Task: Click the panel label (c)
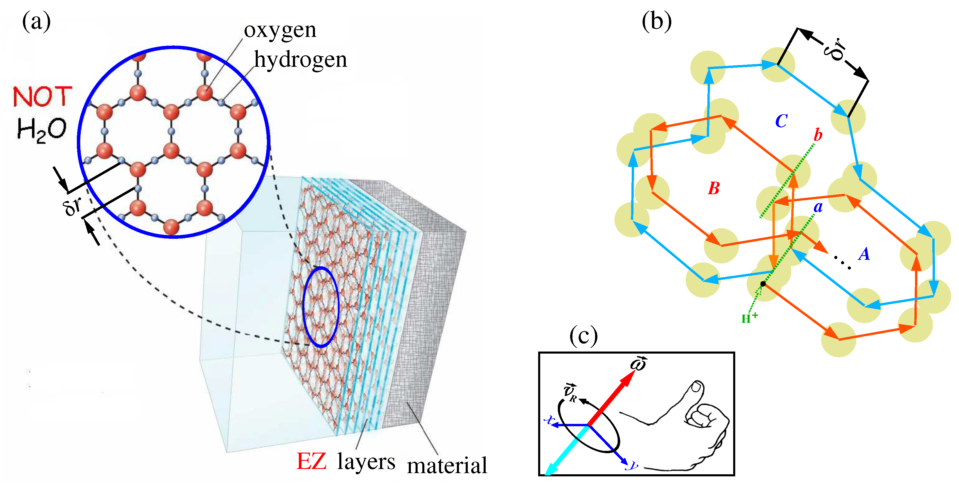point(583,335)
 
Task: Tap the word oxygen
point(280,30)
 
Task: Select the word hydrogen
point(300,59)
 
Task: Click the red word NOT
point(42,97)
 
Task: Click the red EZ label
point(311,461)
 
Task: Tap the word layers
point(366,462)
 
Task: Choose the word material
point(447,465)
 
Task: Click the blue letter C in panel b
point(781,121)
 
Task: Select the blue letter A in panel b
point(864,254)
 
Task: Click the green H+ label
point(749,318)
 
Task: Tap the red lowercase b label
point(818,134)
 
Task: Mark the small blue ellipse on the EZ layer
point(321,307)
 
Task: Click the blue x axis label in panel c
point(549,420)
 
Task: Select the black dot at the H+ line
point(763,284)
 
